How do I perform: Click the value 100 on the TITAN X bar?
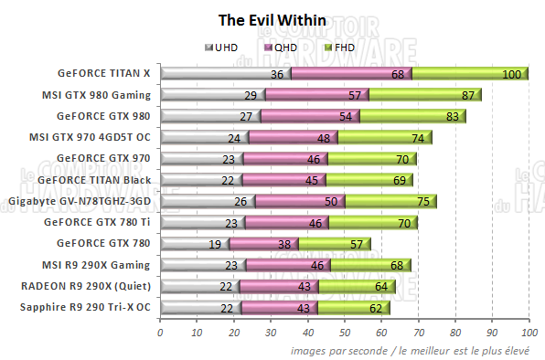512,74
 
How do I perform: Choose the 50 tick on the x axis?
345,332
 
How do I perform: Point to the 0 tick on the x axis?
160,332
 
